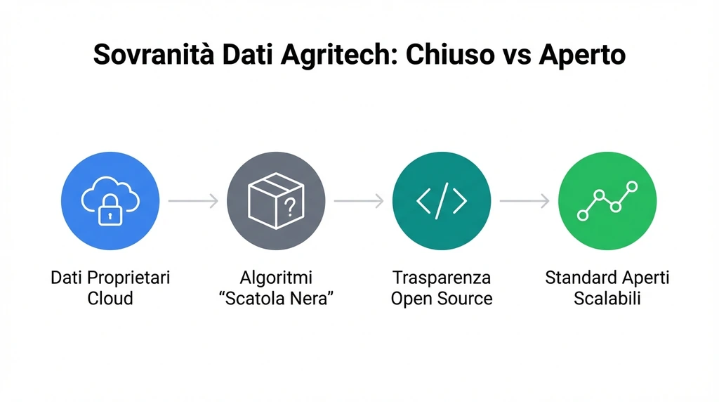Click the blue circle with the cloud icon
(x=110, y=201)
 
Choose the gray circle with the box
(x=276, y=201)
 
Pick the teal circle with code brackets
(x=442, y=201)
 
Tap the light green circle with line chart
(x=607, y=201)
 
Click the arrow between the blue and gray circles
(x=193, y=202)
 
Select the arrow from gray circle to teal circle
(x=359, y=202)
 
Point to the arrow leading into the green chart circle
(x=525, y=202)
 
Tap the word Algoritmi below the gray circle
(x=276, y=278)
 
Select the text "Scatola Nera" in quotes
(x=276, y=299)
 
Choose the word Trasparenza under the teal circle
(x=442, y=278)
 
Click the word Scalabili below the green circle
(x=607, y=299)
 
